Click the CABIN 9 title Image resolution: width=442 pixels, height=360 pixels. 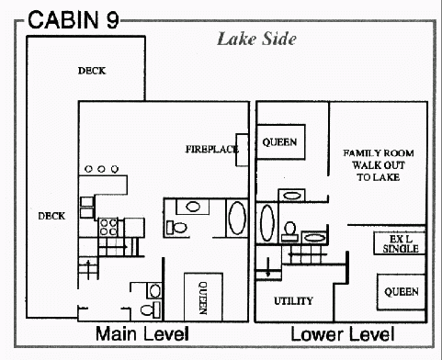coord(74,19)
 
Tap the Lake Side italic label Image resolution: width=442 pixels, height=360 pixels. coord(256,39)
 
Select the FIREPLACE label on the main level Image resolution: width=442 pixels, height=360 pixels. coord(212,149)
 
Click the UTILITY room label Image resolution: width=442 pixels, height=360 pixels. coord(293,301)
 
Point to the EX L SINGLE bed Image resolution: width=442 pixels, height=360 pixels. coord(400,243)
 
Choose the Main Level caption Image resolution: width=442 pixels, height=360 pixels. coord(142,333)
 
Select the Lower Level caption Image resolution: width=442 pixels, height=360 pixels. coord(343,334)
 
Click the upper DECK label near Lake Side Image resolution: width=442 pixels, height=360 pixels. coord(92,71)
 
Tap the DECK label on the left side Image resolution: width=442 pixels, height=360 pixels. coord(51,216)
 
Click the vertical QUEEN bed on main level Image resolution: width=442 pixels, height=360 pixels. coord(203,297)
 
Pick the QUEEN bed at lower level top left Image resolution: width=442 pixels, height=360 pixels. coord(280,141)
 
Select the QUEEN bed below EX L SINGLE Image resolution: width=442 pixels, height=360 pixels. coord(402,292)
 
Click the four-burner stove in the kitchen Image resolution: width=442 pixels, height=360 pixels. coord(108,227)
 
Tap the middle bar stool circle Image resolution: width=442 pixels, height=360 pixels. coord(101,169)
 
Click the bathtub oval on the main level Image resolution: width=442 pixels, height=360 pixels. coord(237,218)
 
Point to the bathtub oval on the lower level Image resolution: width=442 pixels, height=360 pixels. coord(266,223)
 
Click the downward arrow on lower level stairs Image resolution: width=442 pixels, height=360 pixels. coord(268,267)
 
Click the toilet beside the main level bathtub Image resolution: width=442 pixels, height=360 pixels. coord(176,228)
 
